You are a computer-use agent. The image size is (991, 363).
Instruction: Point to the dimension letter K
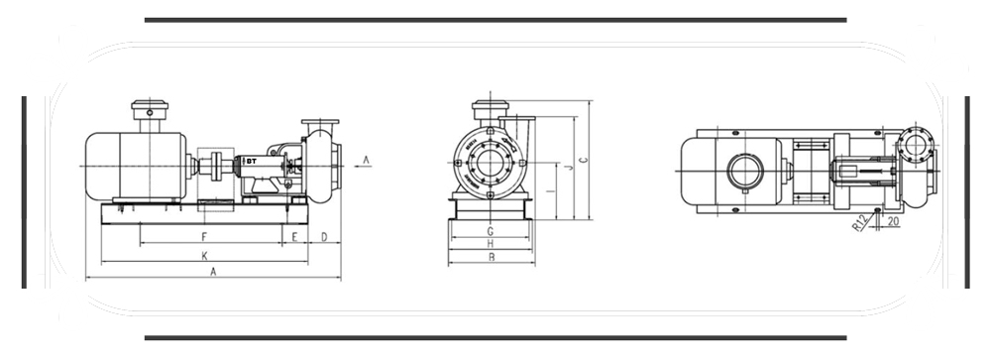204,255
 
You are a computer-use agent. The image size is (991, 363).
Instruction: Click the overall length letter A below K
213,273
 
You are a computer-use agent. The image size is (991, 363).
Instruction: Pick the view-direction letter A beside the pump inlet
366,159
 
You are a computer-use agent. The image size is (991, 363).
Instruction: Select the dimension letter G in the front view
490,231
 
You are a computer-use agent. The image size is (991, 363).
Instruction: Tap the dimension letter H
490,244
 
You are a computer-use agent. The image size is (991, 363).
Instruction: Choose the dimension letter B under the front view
491,258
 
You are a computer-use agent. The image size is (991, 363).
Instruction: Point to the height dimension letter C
584,159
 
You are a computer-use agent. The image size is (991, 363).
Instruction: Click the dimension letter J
570,169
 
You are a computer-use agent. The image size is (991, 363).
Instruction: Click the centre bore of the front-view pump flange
490,164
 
